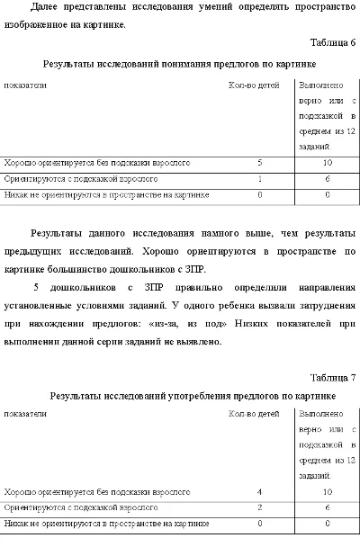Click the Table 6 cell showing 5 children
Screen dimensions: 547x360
(x=259, y=163)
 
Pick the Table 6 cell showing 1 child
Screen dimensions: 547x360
(x=259, y=178)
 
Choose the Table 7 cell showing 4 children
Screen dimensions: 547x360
(x=259, y=492)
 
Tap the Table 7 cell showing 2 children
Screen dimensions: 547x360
(x=259, y=507)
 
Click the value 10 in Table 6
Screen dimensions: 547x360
(x=327, y=163)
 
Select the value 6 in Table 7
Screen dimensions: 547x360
(x=327, y=507)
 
